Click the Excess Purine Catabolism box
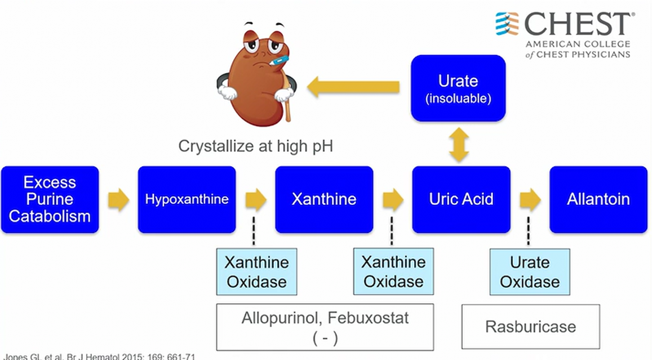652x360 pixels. click(x=50, y=199)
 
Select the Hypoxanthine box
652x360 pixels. click(x=187, y=199)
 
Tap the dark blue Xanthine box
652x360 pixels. click(x=324, y=199)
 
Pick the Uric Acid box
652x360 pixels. click(x=461, y=199)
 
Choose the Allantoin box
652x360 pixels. click(x=598, y=199)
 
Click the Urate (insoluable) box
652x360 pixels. click(x=458, y=88)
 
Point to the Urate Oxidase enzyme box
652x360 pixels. click(x=530, y=272)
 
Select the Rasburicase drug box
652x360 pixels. click(x=531, y=327)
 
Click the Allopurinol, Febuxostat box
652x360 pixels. click(x=325, y=327)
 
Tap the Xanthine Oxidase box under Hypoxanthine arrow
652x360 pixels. click(x=256, y=272)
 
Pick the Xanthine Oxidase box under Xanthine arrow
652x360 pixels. click(x=393, y=272)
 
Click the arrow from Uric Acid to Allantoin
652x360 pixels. click(x=530, y=199)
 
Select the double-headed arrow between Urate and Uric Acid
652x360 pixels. click(x=459, y=145)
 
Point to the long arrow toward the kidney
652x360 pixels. click(x=353, y=87)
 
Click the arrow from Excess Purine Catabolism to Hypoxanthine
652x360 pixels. click(x=118, y=199)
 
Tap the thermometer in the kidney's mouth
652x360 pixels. click(x=278, y=61)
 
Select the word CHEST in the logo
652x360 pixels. click(x=578, y=24)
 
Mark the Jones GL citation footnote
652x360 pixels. click(x=99, y=357)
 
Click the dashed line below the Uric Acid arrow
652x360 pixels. click(x=529, y=231)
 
